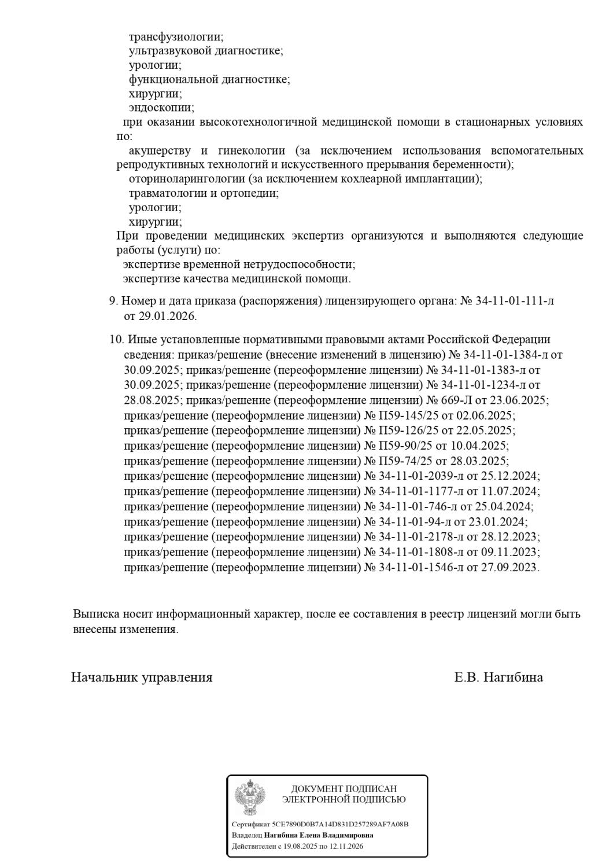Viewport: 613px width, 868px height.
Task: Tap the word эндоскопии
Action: [161, 108]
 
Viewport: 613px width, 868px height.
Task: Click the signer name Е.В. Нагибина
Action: [498, 677]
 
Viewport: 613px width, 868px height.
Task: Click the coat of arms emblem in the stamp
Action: [250, 797]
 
